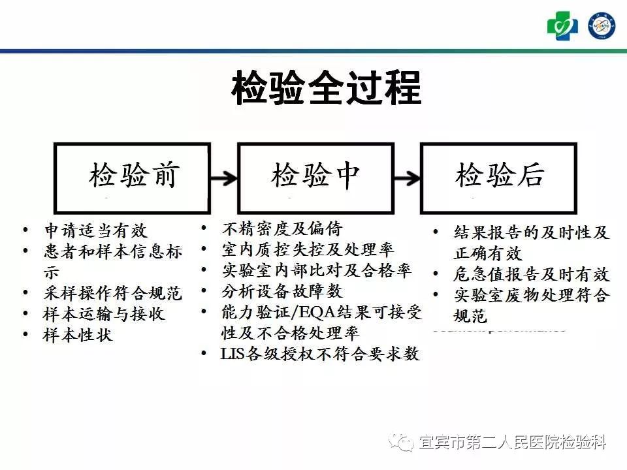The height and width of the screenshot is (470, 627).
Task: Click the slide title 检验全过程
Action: coord(326,89)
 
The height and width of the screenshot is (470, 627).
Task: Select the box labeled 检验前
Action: coord(132,178)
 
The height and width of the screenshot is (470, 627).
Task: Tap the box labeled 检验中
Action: coord(315,178)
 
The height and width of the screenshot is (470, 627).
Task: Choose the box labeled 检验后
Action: coord(498,178)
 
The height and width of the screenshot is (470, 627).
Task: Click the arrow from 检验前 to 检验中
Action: coord(223,177)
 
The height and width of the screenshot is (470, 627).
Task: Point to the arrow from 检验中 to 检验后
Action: coord(407,177)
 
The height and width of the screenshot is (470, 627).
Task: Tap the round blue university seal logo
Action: coord(602,26)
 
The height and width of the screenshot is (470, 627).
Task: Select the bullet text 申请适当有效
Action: coord(95,230)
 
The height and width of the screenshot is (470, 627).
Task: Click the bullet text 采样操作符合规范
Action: coord(113,293)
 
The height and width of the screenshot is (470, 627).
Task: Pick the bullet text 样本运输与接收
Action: coord(104,314)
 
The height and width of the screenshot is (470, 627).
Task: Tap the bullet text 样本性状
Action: coord(78,335)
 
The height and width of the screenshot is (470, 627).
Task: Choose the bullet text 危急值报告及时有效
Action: coord(530,274)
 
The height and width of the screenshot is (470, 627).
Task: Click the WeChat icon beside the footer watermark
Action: coord(402,443)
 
